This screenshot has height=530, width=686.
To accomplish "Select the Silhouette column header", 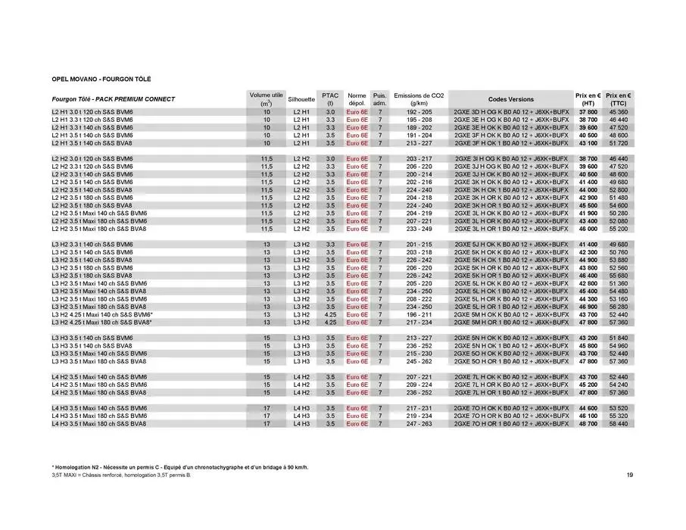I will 301,99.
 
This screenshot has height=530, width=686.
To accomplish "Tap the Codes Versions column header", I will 510,99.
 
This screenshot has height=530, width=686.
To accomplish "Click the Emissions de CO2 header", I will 419,99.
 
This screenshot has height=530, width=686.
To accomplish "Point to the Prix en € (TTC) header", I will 619,99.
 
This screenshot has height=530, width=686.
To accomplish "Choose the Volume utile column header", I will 266,99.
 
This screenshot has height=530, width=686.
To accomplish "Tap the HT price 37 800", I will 588,112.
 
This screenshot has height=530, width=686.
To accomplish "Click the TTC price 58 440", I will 618,424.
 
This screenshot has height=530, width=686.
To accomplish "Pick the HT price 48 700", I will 588,424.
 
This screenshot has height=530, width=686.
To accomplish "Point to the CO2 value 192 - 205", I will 419,112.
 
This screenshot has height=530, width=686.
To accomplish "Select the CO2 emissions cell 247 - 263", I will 419,424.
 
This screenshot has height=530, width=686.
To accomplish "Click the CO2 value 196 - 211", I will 419,314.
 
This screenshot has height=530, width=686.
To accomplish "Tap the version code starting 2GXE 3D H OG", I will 510,112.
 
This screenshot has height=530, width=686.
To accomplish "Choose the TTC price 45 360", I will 618,112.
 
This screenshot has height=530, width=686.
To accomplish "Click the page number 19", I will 630,475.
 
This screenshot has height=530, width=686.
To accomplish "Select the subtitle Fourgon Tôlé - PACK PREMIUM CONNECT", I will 114,99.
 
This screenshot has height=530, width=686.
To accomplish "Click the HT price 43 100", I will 588,142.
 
